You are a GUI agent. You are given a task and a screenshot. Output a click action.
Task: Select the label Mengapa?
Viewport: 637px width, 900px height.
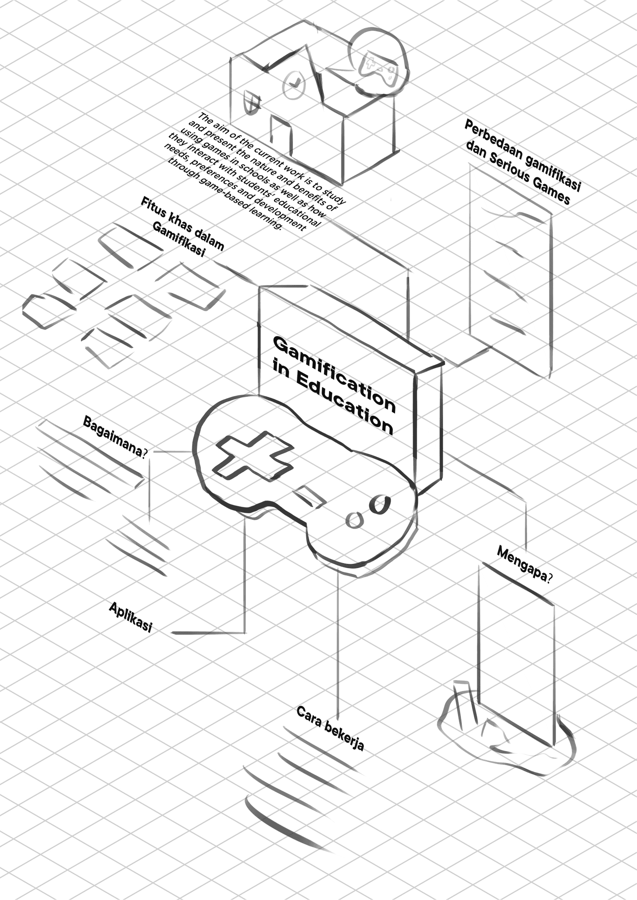coord(524,564)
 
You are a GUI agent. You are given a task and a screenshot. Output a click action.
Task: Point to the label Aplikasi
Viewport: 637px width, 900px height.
coord(130,617)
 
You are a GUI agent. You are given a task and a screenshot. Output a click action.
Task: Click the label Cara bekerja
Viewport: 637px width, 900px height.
coord(330,728)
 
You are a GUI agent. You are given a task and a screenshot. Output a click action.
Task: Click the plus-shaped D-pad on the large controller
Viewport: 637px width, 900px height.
coord(253,455)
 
